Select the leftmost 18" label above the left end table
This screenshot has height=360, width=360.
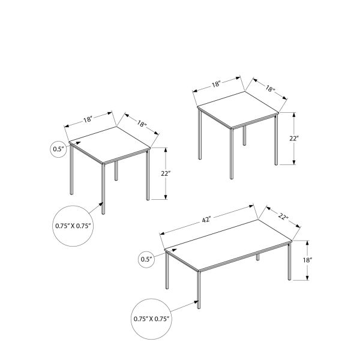point(88,120)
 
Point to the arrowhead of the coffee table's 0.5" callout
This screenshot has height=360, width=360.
point(162,254)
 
